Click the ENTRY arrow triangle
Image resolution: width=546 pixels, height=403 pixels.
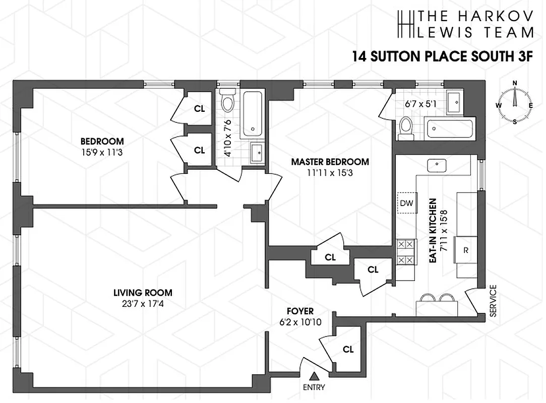(x=314, y=376)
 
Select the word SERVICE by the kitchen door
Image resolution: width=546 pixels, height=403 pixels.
(x=493, y=301)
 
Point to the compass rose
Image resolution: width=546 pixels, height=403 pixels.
(x=515, y=102)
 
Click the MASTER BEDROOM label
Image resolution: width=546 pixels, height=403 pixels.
(x=330, y=162)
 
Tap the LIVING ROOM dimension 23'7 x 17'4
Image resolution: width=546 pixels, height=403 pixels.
(x=142, y=303)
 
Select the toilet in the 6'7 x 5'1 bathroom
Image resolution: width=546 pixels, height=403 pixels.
(x=405, y=128)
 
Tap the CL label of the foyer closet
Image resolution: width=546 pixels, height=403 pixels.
(x=348, y=349)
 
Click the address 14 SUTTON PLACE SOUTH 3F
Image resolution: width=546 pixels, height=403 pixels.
(x=442, y=56)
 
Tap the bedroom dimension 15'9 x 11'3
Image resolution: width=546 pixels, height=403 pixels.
(x=102, y=151)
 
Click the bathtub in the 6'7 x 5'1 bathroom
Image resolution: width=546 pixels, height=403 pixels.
(x=449, y=129)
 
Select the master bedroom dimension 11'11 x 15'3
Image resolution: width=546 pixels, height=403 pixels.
(x=330, y=172)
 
